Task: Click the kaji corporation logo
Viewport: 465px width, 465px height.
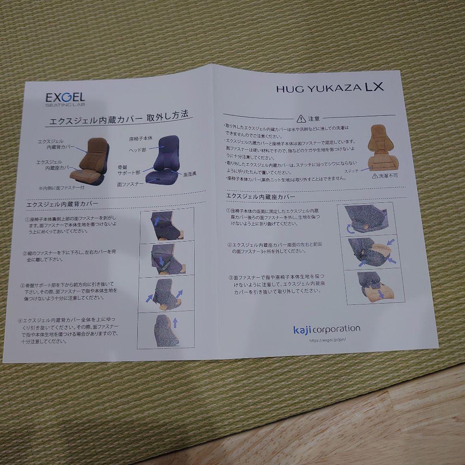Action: click(326, 329)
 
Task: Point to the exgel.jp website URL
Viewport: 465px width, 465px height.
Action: click(328, 340)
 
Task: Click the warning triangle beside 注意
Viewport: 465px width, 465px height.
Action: click(300, 118)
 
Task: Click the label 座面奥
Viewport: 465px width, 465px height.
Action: click(190, 174)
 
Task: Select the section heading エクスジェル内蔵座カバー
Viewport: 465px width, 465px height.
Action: click(261, 196)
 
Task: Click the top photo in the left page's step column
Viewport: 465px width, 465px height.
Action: click(167, 224)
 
